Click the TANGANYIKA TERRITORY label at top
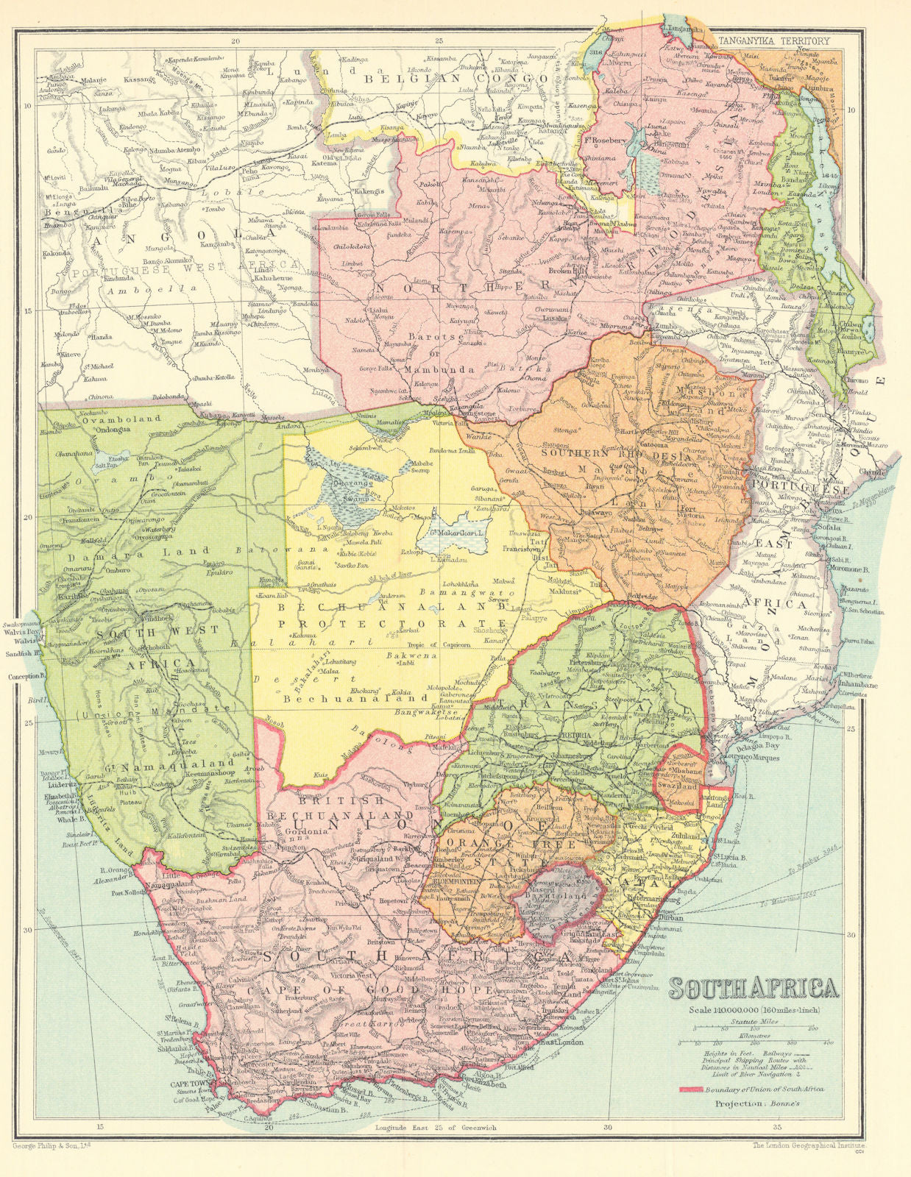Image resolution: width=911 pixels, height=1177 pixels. [773, 42]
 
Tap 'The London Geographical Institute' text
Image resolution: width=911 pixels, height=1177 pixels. [810, 1146]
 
